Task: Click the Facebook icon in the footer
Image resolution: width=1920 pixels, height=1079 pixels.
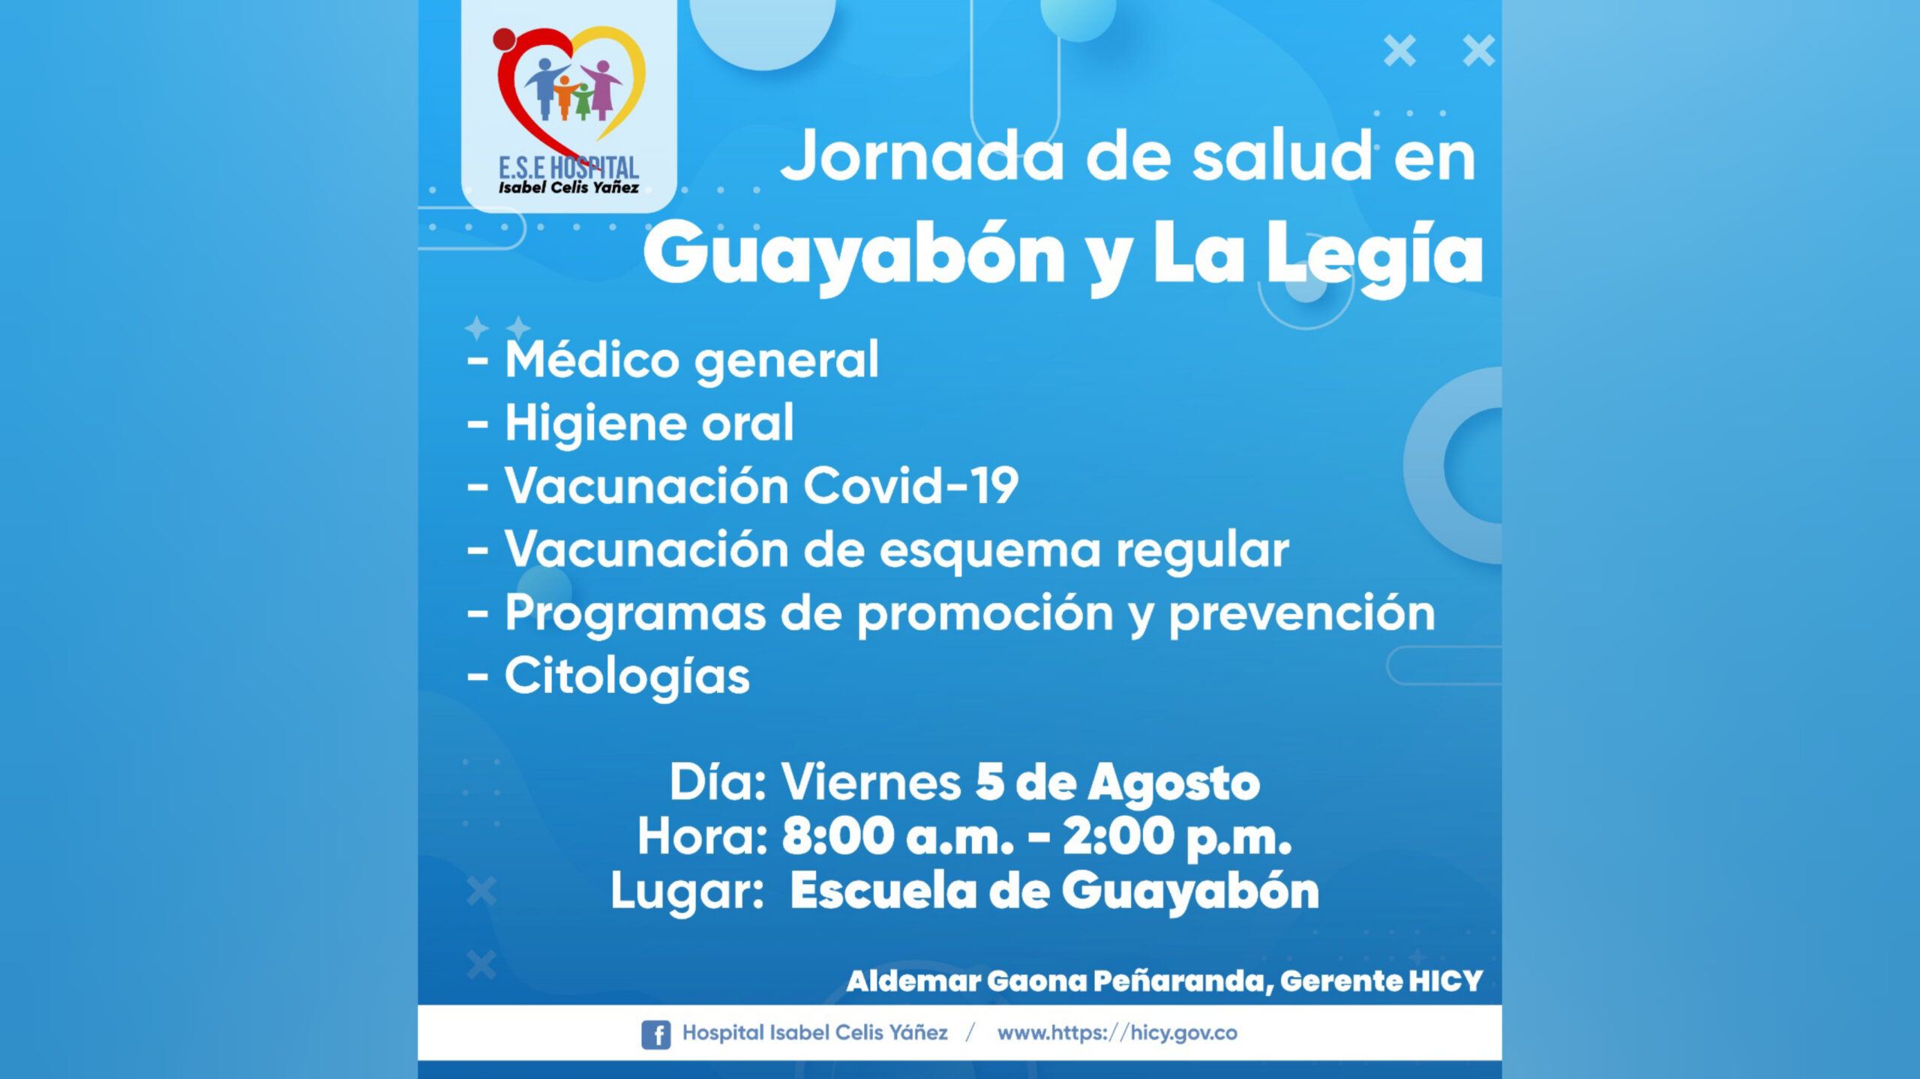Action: [655, 1034]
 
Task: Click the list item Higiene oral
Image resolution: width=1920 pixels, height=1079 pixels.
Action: [649, 423]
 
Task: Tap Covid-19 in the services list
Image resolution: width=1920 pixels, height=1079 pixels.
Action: [911, 486]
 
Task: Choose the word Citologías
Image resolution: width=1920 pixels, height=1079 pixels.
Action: [627, 677]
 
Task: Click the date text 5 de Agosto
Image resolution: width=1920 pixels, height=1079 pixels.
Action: [1117, 783]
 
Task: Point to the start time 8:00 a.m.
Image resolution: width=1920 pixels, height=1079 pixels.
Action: [898, 836]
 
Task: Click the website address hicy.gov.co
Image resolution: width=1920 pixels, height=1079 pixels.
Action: [1183, 1033]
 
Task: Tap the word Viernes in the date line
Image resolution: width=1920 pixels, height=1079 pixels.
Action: [871, 783]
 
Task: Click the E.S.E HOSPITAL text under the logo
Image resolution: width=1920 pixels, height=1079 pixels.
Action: [568, 168]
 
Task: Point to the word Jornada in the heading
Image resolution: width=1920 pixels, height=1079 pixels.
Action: [922, 157]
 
